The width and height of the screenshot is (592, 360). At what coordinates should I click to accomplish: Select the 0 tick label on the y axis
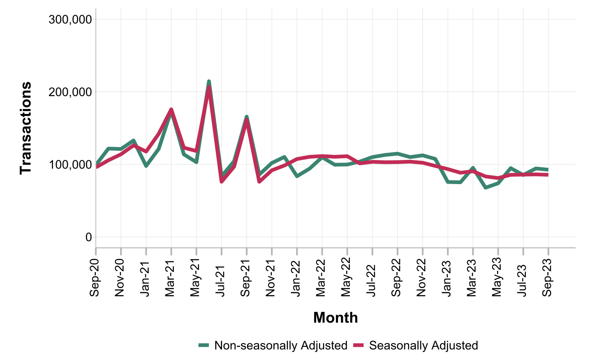tap(88, 237)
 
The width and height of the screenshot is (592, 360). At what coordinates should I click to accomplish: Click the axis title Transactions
tap(26, 128)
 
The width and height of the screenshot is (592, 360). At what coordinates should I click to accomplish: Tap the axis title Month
tap(335, 318)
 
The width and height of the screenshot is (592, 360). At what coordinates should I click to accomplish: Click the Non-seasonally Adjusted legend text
tap(281, 346)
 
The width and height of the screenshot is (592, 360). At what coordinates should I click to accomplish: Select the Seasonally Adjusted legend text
tap(423, 346)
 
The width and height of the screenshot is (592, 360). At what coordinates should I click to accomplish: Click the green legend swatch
tap(203, 346)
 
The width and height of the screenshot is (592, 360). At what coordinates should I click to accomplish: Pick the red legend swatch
tap(359, 346)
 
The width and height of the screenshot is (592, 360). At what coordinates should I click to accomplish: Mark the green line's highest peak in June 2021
tap(209, 81)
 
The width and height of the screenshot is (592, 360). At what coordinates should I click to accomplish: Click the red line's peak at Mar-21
tap(171, 109)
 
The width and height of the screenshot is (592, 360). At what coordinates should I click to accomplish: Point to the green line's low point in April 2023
tap(486, 187)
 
